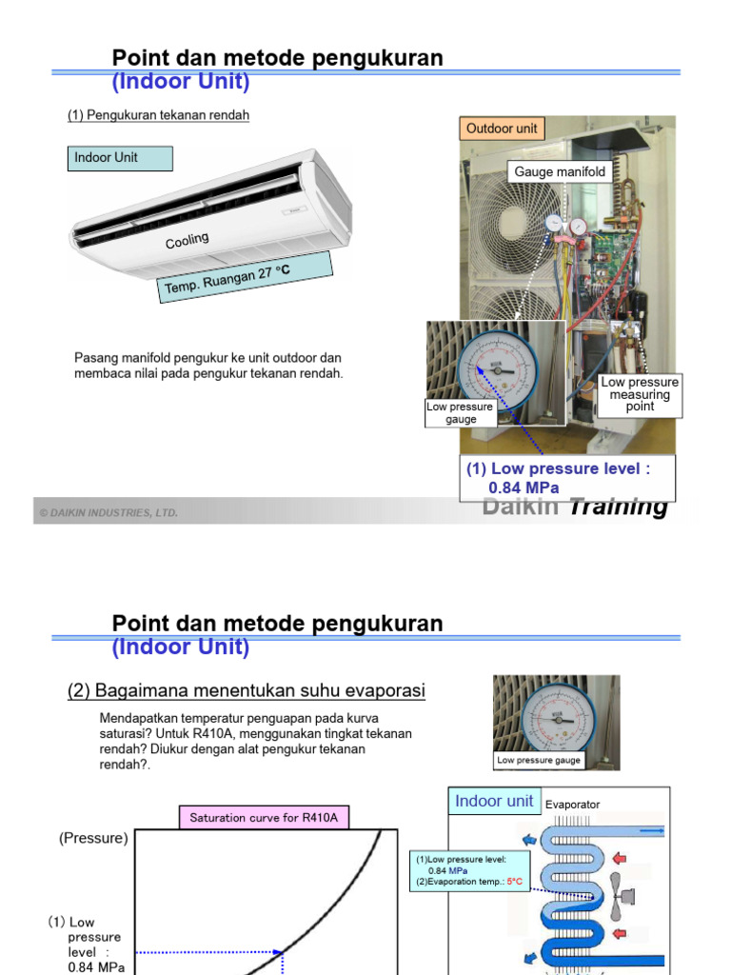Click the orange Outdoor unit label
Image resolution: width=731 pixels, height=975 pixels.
click(502, 129)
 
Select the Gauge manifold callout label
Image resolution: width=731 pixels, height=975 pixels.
click(560, 172)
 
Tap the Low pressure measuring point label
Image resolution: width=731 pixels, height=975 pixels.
click(640, 394)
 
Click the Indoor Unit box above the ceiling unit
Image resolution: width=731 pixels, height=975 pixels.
click(120, 158)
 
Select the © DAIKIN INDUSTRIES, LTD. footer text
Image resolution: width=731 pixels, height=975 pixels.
click(109, 513)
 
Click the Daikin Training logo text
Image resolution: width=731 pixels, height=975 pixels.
click(575, 507)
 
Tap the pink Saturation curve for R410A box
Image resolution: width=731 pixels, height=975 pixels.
click(265, 818)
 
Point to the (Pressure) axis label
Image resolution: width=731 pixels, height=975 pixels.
click(93, 839)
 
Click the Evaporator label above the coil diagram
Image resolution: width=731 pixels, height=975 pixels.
click(572, 805)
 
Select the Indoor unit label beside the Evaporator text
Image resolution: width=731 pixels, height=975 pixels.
click(494, 801)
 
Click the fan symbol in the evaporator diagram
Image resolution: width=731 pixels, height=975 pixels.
click(619, 896)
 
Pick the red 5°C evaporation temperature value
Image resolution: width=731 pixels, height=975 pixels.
click(515, 882)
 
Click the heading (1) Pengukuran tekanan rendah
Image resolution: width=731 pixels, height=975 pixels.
click(158, 115)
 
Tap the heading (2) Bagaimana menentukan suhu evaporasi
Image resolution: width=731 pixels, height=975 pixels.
click(246, 691)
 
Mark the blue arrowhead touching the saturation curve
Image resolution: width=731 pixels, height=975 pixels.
click(280, 951)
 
